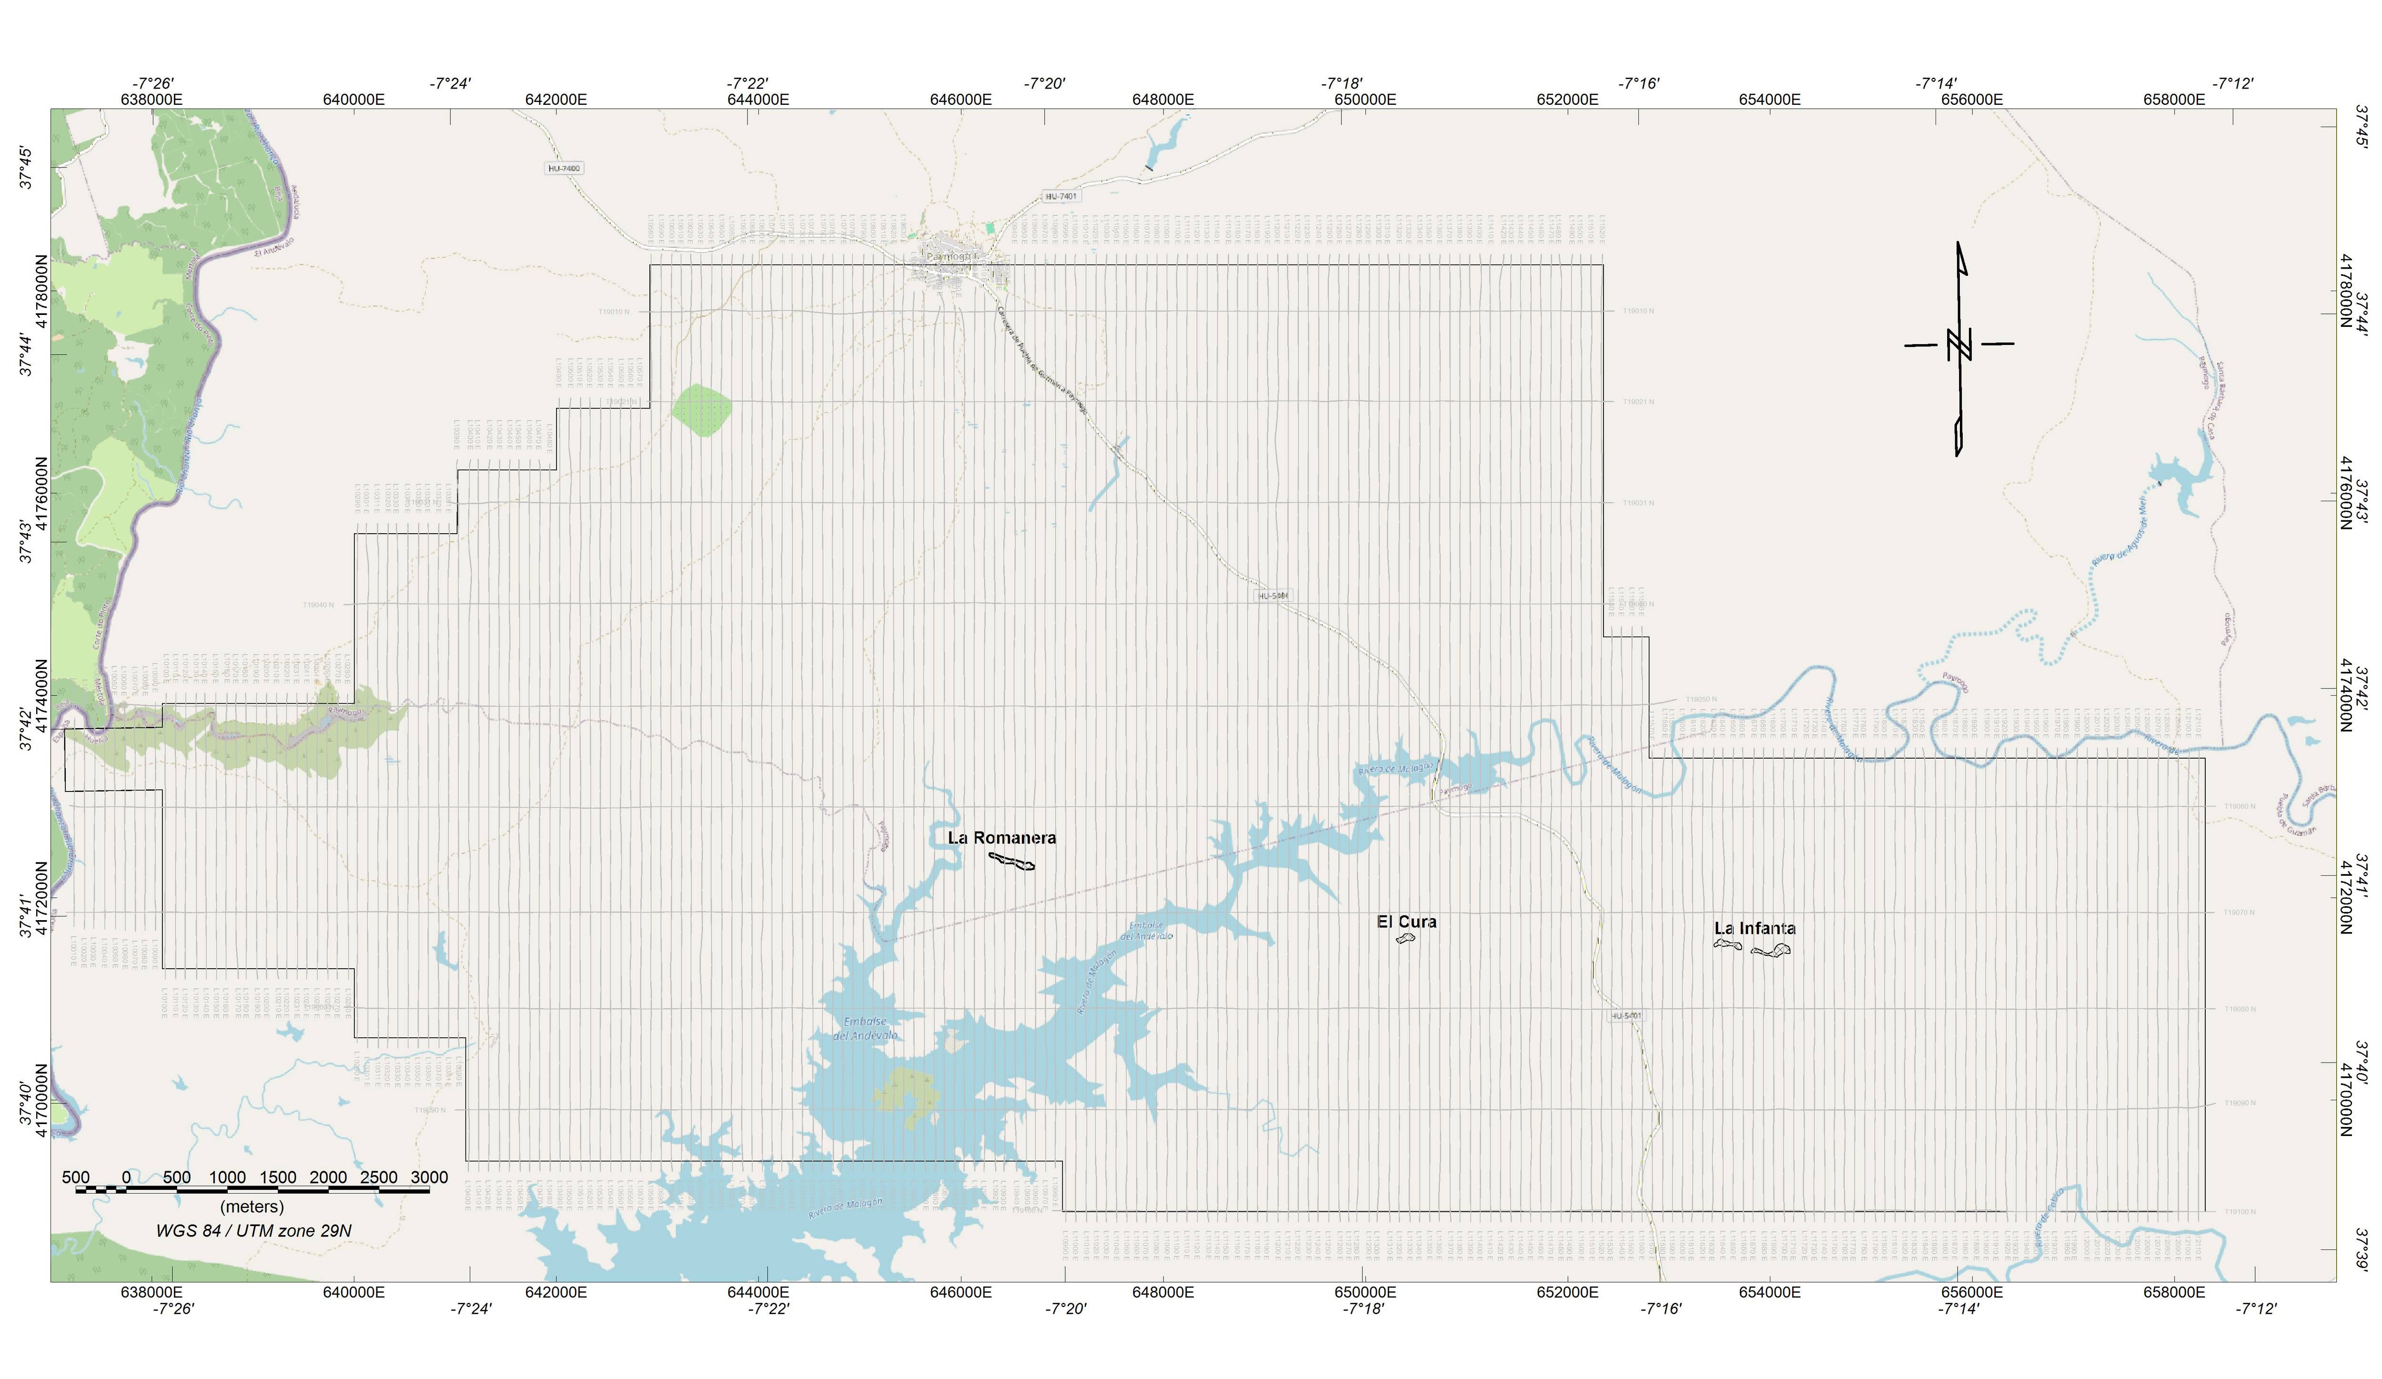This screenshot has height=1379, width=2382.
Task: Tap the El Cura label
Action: tap(1406, 922)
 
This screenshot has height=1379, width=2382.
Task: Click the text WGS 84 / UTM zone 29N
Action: tap(253, 1231)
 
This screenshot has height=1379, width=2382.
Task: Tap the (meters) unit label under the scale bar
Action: tap(252, 1207)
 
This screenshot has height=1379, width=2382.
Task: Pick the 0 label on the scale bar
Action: tap(127, 1178)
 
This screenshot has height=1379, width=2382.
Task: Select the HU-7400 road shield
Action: tap(565, 168)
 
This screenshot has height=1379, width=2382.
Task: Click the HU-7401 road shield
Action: tap(1060, 197)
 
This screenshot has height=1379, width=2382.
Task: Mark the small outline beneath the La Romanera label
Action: tap(1011, 861)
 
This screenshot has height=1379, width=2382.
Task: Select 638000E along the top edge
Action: tap(152, 99)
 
